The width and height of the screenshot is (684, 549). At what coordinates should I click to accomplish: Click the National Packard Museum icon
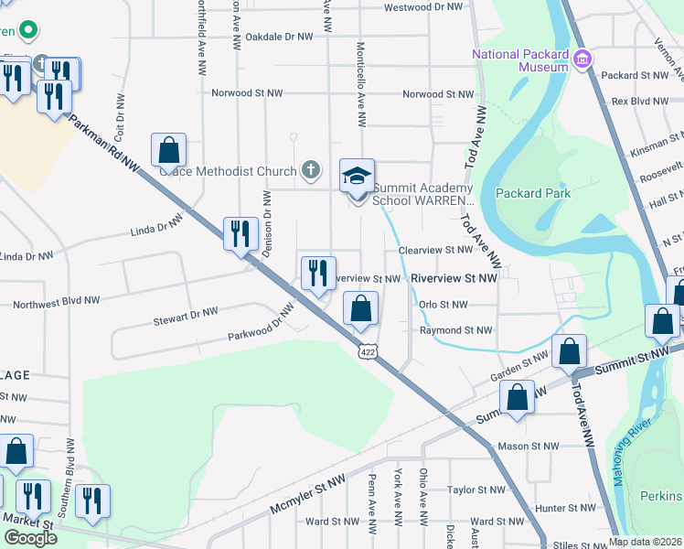pos(582,60)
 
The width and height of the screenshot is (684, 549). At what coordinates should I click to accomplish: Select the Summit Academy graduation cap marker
pos(357,176)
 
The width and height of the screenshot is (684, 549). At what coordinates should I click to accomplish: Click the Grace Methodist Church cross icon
pos(311,170)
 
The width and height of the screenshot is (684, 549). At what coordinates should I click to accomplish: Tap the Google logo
pos(29,537)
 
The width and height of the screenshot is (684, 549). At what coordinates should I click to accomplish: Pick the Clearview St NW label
pos(434,250)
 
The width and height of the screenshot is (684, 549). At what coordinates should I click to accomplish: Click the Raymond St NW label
pos(455,330)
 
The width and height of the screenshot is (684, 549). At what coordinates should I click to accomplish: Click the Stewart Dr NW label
pos(186,316)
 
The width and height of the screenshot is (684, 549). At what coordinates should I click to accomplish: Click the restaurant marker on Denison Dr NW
pos(240,233)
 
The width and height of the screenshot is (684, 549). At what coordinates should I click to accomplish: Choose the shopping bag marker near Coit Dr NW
pos(168,150)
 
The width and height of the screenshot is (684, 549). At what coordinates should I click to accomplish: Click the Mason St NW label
pos(528,447)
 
